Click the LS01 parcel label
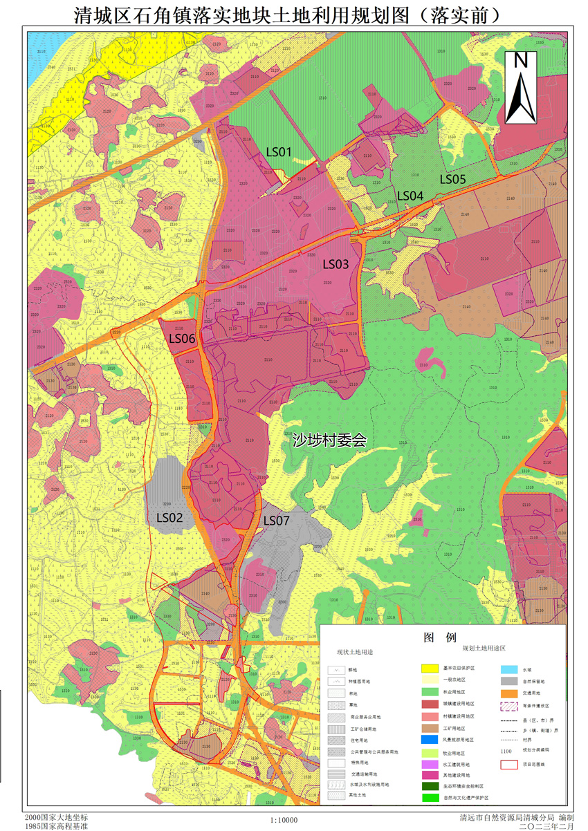click(x=279, y=152)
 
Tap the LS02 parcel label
click(x=169, y=517)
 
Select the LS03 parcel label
click(x=336, y=264)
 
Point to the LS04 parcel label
click(x=410, y=196)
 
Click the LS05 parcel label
click(x=453, y=179)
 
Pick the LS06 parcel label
click(x=183, y=339)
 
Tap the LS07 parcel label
click(x=277, y=521)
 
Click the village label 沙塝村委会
click(x=329, y=440)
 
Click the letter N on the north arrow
click(x=521, y=61)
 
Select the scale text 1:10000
click(x=284, y=820)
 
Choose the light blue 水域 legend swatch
click(x=509, y=669)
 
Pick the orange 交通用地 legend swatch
click(x=509, y=693)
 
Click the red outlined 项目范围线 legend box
click(x=509, y=765)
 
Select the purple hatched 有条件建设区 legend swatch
click(x=509, y=707)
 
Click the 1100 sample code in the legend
click(x=506, y=751)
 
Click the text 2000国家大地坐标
click(x=56, y=817)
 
